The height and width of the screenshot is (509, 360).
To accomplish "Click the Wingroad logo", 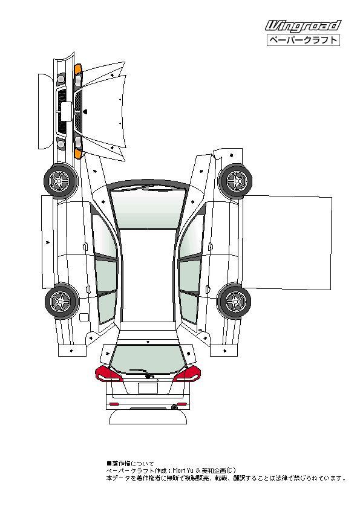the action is (x=303, y=25).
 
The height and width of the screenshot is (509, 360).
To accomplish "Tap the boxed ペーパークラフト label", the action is (x=303, y=41).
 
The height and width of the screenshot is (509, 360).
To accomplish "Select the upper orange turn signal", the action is (x=77, y=69).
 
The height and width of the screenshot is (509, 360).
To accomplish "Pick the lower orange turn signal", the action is (x=78, y=154).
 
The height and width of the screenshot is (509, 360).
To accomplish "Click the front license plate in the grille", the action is (x=66, y=112).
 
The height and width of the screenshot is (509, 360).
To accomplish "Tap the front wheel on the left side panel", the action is (x=61, y=181).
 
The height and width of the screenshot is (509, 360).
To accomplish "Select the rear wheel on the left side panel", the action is (x=62, y=300).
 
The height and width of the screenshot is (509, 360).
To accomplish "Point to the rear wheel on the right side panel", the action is (x=235, y=301).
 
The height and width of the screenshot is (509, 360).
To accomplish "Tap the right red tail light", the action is (x=187, y=374).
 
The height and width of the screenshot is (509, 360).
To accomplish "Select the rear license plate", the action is (x=148, y=388).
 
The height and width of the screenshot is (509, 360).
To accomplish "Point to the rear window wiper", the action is (x=142, y=373).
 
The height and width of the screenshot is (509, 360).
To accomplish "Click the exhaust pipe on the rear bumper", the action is (x=175, y=407).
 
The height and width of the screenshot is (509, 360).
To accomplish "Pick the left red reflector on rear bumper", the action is (x=114, y=404).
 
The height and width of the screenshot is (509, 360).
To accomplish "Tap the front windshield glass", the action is (x=148, y=209).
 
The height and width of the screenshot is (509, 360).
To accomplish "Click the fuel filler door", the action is (x=83, y=317).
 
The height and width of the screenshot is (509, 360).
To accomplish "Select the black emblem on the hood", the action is (x=85, y=112).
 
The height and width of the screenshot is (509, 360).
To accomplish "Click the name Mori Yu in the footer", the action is (x=183, y=470).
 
